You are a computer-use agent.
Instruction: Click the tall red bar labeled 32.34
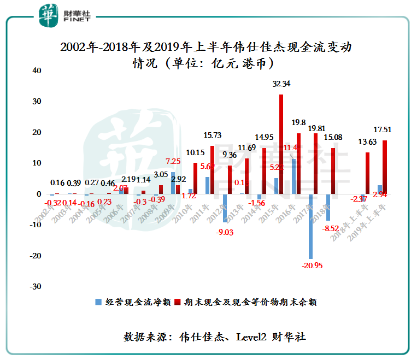(x=281, y=144)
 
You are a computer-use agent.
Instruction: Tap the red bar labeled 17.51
(x=385, y=167)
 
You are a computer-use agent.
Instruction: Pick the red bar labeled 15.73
(x=212, y=169)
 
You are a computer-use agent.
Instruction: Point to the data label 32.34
(x=281, y=84)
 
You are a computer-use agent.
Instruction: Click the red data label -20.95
(x=310, y=265)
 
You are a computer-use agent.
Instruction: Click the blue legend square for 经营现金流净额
(x=99, y=301)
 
